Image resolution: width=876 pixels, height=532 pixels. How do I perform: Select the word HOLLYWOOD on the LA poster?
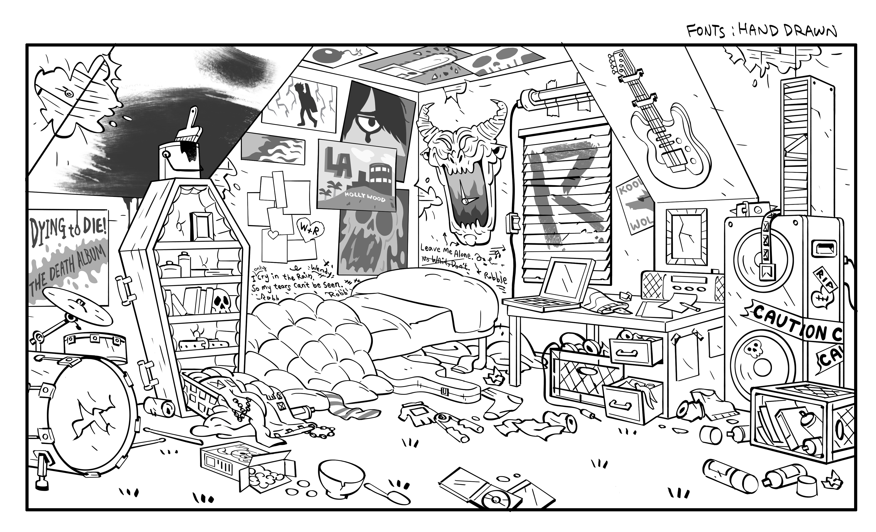(365, 197)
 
